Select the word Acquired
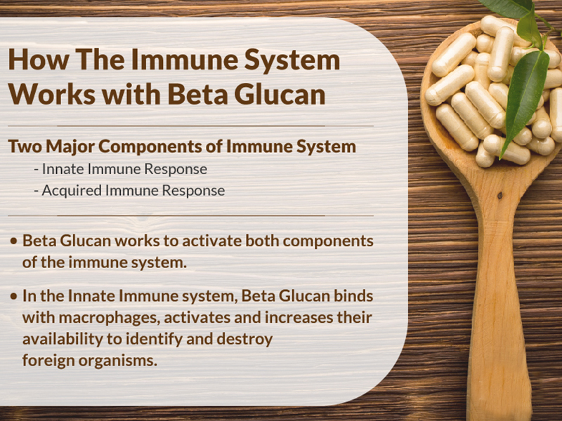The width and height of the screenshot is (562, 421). pyautogui.click(x=72, y=191)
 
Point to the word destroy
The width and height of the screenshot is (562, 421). pyautogui.click(x=244, y=339)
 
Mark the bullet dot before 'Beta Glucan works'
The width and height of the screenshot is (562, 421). pyautogui.click(x=14, y=241)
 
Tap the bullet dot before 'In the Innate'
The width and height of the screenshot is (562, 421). pyautogui.click(x=14, y=296)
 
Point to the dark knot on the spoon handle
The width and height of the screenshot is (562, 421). pyautogui.click(x=499, y=196)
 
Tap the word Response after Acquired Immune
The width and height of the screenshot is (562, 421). pyautogui.click(x=193, y=191)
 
